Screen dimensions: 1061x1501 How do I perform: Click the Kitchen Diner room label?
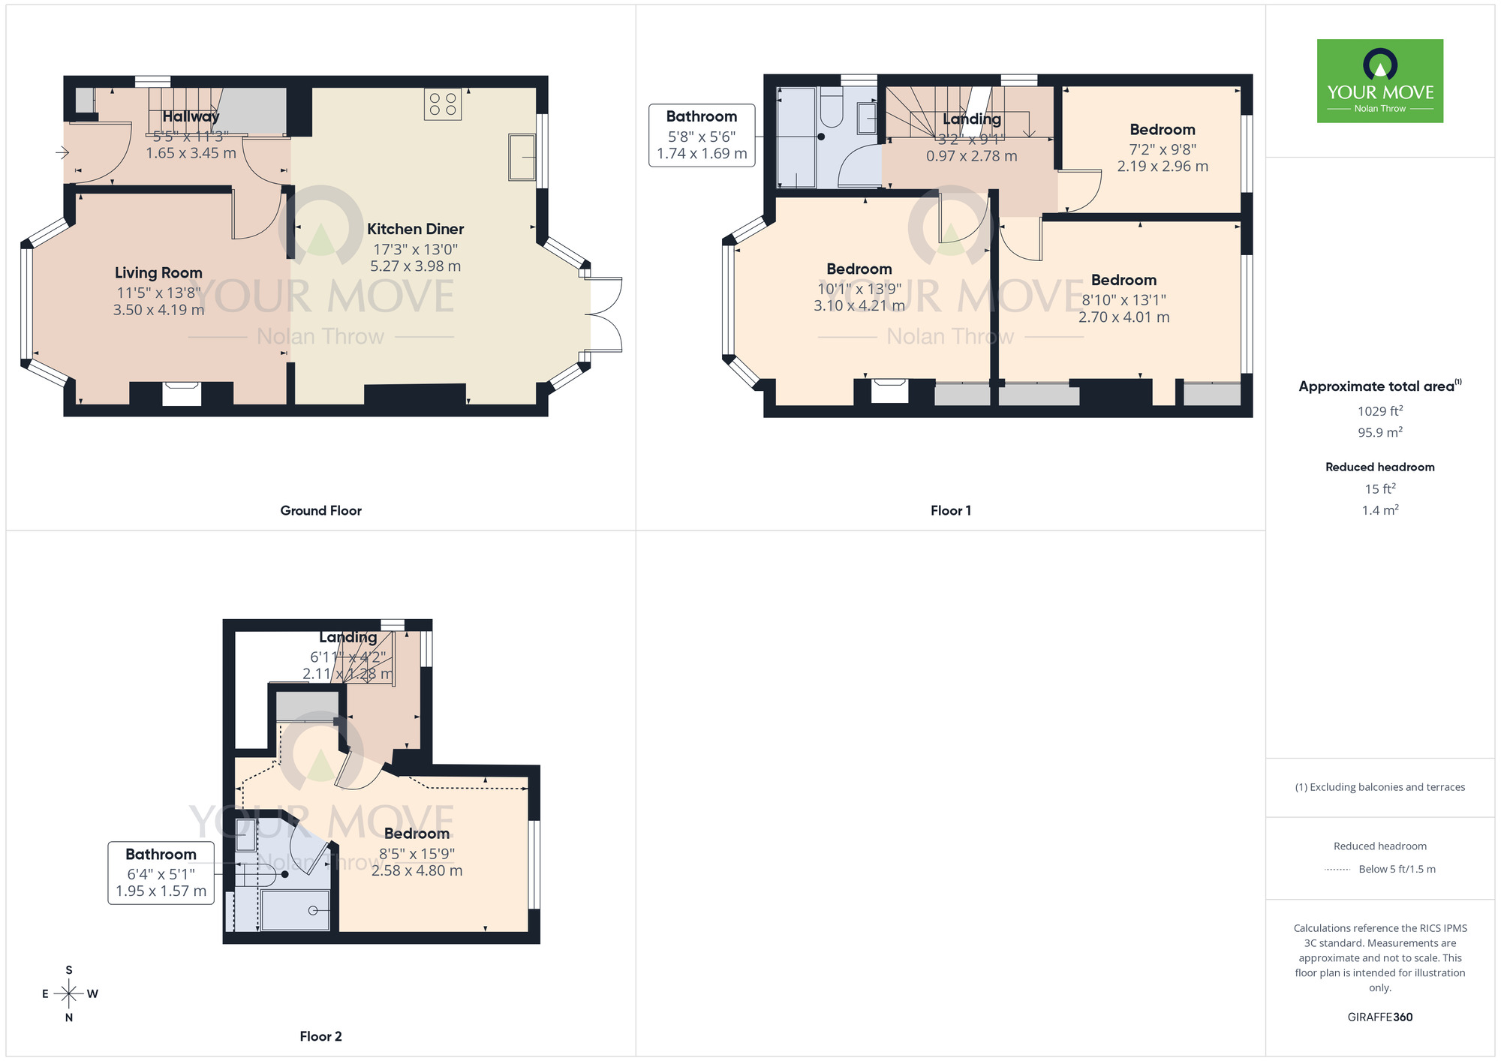point(415,229)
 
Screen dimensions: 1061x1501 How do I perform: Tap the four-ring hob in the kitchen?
point(443,104)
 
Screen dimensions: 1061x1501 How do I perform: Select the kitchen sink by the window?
point(522,157)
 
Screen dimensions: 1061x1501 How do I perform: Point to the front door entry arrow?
point(62,153)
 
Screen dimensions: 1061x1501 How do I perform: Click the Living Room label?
point(158,273)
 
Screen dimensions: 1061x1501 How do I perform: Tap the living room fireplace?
point(182,394)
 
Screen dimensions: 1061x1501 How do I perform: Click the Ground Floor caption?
point(320,510)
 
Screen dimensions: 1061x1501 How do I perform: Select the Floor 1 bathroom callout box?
point(702,135)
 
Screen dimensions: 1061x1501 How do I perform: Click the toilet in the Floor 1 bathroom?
point(831,107)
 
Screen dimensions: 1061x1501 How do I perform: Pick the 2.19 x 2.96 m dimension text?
point(1163,167)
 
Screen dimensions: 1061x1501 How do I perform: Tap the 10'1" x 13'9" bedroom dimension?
point(859,289)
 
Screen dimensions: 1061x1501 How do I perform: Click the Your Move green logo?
point(1379,81)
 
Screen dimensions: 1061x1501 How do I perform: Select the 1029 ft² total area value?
point(1379,411)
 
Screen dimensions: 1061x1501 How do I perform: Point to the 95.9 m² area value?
point(1379,432)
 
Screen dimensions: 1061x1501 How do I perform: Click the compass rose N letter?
point(69,1017)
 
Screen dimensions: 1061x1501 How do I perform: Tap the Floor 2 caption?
point(320,1036)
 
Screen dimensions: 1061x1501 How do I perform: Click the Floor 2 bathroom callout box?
point(161,873)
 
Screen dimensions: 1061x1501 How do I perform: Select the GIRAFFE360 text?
point(1379,1017)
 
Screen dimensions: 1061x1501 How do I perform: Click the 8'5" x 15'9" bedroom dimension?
point(417,854)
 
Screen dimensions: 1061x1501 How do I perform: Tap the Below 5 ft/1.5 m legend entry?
point(1396,869)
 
